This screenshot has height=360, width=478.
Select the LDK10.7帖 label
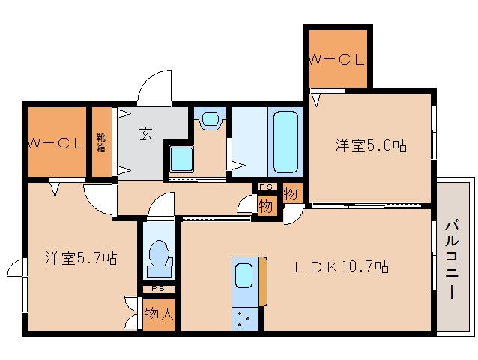[340, 265]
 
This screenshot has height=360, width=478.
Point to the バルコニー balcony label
[451, 259]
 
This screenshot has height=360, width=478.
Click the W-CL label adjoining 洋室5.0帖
[336, 60]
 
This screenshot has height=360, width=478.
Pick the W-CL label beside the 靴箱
[55, 142]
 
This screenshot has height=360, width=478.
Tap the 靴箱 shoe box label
[100, 142]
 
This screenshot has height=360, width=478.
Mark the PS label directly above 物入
[158, 288]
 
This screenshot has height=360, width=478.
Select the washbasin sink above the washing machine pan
[210, 118]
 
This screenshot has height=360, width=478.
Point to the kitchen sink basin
[245, 275]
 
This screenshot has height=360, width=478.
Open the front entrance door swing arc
[157, 85]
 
